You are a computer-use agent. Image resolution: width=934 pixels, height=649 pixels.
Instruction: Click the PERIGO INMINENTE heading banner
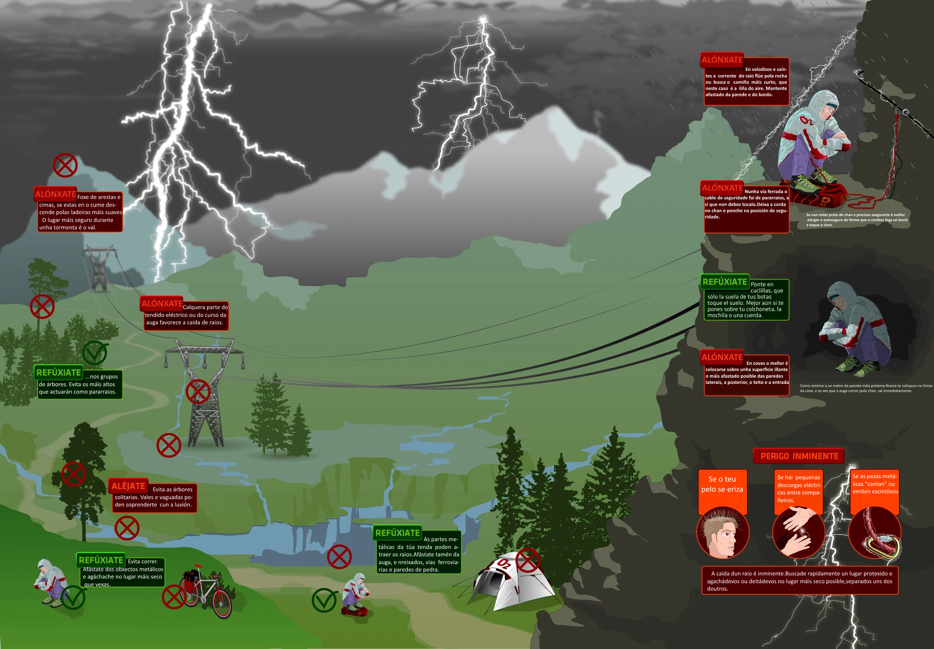coord(799,456)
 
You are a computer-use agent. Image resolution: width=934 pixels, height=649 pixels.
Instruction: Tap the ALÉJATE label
coord(128,486)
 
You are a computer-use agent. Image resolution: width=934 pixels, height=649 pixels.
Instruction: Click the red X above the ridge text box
coord(65,165)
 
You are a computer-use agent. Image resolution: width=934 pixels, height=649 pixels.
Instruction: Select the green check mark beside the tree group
coord(95,353)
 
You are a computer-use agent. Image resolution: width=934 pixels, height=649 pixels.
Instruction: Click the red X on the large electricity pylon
coord(198,391)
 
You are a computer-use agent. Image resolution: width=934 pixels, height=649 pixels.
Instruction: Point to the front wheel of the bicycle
coord(222,604)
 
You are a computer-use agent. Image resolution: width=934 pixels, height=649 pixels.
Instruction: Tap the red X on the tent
coord(528,560)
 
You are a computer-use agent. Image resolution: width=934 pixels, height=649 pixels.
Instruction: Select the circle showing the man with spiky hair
coord(723,533)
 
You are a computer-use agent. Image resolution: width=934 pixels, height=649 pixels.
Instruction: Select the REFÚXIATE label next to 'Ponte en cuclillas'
coord(725,282)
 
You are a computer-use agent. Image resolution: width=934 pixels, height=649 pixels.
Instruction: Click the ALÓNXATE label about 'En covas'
coord(722,357)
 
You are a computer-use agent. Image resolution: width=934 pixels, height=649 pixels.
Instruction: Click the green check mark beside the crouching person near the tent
coord(324,601)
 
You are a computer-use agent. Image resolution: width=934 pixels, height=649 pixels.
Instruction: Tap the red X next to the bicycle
coord(174,597)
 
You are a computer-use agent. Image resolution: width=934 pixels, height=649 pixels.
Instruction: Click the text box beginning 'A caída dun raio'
coord(799,581)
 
